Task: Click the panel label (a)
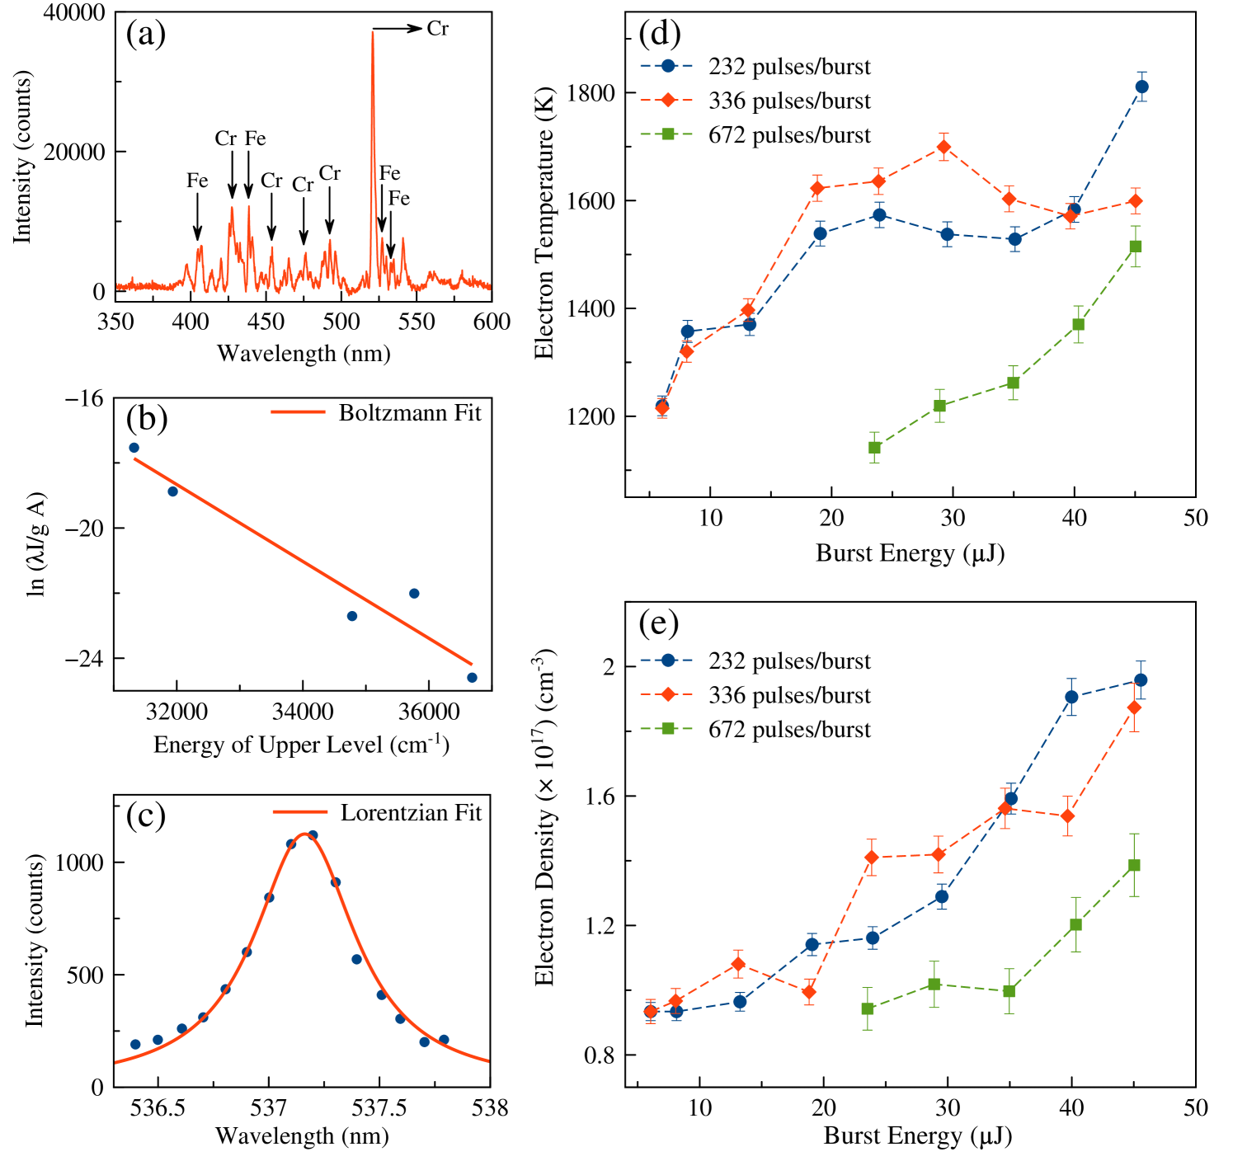click(x=146, y=35)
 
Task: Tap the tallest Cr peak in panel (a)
click(x=373, y=33)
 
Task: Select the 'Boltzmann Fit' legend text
click(x=409, y=412)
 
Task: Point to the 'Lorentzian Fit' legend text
click(x=411, y=813)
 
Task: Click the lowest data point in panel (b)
click(x=472, y=678)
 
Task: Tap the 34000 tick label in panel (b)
click(x=303, y=712)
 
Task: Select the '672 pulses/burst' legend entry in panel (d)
click(x=788, y=135)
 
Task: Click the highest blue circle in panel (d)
click(x=1141, y=87)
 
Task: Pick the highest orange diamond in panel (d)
click(x=944, y=147)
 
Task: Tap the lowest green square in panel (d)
click(x=875, y=448)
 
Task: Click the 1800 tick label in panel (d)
click(x=591, y=93)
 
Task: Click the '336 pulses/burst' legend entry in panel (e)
click(x=788, y=696)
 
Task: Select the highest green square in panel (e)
click(x=1134, y=865)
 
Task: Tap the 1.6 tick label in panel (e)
click(x=601, y=796)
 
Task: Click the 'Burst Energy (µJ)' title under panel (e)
click(x=917, y=1135)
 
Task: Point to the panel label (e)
click(x=658, y=624)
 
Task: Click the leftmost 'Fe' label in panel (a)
click(x=197, y=181)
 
